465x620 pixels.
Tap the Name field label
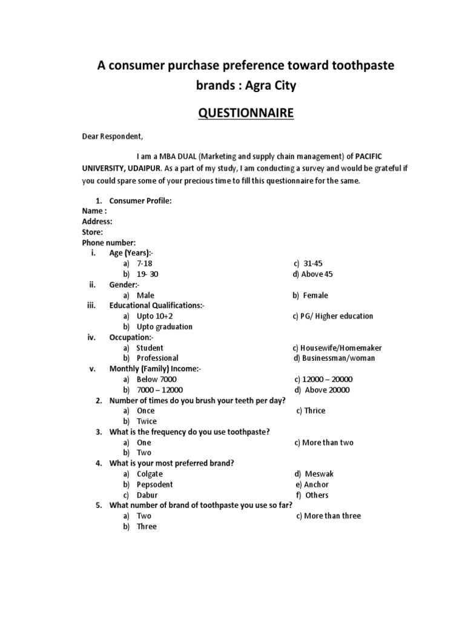tap(94, 211)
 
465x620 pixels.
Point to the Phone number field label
tap(109, 242)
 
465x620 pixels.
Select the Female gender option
tap(315, 295)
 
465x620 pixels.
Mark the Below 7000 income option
tap(157, 379)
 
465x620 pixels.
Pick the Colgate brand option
tap(150, 474)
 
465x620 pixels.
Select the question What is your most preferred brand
tap(171, 463)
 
